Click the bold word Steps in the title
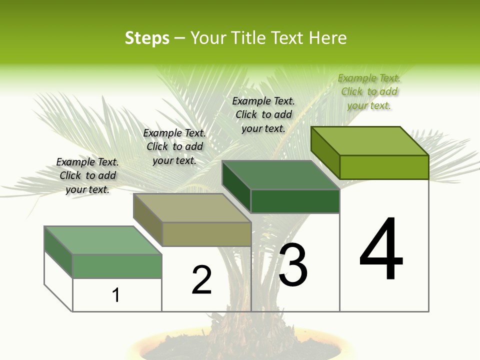point(147,38)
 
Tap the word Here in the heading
point(327,38)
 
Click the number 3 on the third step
point(293,264)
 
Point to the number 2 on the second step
point(202,280)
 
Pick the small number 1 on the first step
point(116,295)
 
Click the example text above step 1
point(87,175)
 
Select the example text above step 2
point(174,146)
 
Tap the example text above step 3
point(263,114)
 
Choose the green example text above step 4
point(369,91)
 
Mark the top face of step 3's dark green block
point(281,175)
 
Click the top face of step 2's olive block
point(192,208)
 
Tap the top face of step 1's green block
point(103,240)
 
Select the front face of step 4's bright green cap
point(384,167)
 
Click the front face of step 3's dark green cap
point(295,201)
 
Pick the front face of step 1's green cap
point(117,266)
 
